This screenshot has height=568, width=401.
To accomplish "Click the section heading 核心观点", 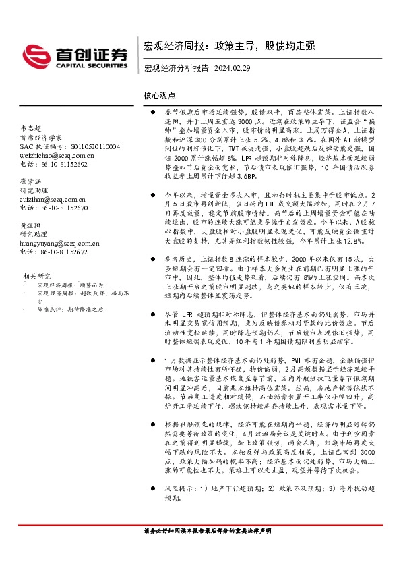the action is (x=160, y=97).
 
